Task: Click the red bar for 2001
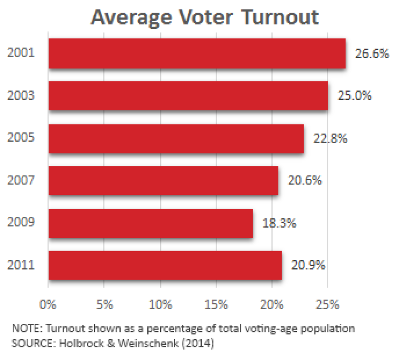[x=197, y=53]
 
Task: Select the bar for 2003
[x=188, y=96]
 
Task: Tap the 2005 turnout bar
[x=176, y=138]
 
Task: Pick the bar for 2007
[x=163, y=180]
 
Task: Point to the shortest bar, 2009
[x=150, y=223]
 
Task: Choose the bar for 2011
[x=165, y=265]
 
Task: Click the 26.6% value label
[x=372, y=53]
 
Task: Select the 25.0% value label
[x=354, y=96]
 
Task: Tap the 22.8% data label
[x=330, y=138]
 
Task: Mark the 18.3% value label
[x=279, y=223]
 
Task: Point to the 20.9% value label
[x=308, y=265]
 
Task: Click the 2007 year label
[x=21, y=180]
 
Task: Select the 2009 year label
[x=21, y=223]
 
